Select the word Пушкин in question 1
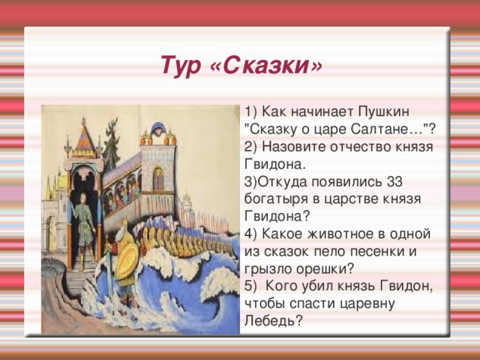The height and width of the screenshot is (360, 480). [x=383, y=112]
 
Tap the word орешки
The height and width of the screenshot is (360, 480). [x=325, y=269]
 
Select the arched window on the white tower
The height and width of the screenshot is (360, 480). [x=158, y=178]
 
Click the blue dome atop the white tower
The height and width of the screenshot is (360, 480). [x=159, y=127]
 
